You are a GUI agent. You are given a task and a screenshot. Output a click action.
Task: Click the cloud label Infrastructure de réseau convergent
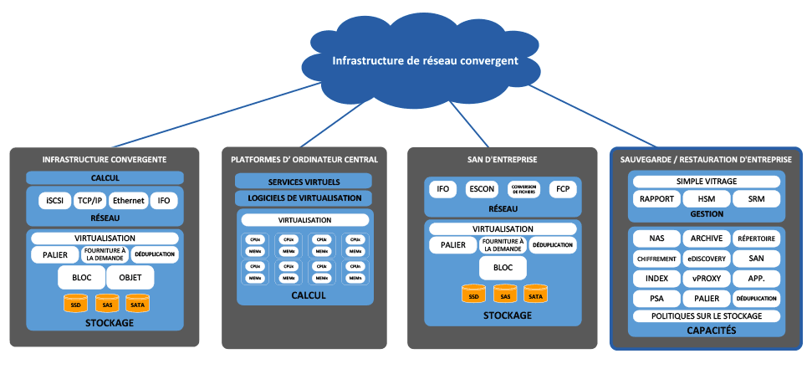point(425,60)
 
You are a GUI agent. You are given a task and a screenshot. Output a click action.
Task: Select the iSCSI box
point(55,201)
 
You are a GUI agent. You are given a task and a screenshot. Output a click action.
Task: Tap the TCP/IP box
point(90,201)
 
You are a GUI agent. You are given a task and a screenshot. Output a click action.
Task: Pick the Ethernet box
point(128,201)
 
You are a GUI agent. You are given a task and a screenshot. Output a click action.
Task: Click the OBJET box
point(130,276)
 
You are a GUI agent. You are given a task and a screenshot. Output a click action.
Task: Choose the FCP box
point(563,189)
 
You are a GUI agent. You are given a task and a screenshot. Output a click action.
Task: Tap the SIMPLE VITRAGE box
point(707,182)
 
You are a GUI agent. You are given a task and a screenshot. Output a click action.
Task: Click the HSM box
point(707,199)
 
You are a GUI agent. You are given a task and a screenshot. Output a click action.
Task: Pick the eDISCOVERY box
point(707,259)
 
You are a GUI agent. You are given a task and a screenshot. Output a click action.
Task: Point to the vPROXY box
point(707,278)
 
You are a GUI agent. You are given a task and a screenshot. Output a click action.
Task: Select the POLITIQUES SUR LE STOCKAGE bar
point(707,316)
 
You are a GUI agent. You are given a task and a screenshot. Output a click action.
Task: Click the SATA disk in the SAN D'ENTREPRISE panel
point(535,294)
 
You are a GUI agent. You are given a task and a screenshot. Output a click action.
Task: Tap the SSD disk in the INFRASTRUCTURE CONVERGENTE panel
point(75,302)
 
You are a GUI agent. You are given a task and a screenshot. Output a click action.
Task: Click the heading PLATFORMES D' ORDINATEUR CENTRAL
point(304,159)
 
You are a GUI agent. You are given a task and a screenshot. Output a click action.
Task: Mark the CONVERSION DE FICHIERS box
point(524,189)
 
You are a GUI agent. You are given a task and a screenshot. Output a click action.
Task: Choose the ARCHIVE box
point(707,238)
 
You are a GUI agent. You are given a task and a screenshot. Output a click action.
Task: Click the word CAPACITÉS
point(707,331)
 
